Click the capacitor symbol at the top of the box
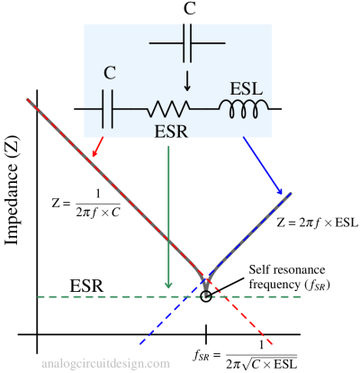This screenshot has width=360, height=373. click(186, 42)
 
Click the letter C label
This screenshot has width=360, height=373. click(109, 74)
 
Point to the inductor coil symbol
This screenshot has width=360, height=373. click(244, 108)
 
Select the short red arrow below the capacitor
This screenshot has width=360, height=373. click(97, 148)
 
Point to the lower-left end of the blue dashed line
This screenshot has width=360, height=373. click(140, 344)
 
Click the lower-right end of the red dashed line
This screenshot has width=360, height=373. click(272, 343)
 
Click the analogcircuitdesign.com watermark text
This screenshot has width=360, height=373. click(105, 364)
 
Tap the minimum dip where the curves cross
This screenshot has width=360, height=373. click(207, 287)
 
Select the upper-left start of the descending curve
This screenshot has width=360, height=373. click(29, 98)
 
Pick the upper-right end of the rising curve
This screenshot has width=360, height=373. click(291, 193)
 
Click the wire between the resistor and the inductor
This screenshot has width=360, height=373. click(203, 109)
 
